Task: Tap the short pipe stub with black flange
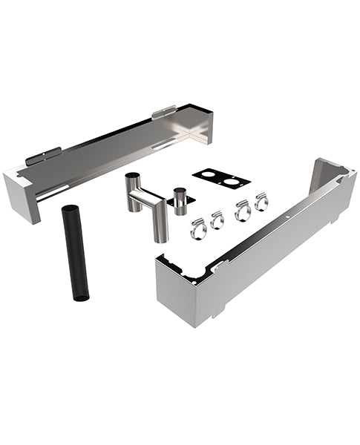[x=179, y=201]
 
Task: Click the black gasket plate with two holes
[x=220, y=179]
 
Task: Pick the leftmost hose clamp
[x=197, y=229]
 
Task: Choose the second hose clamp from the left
[x=217, y=220]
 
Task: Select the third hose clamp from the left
[x=243, y=211]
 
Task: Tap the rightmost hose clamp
[x=261, y=202]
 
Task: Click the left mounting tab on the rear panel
[x=43, y=156]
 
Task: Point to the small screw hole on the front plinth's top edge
[x=287, y=218]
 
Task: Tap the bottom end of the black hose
[x=81, y=297]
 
